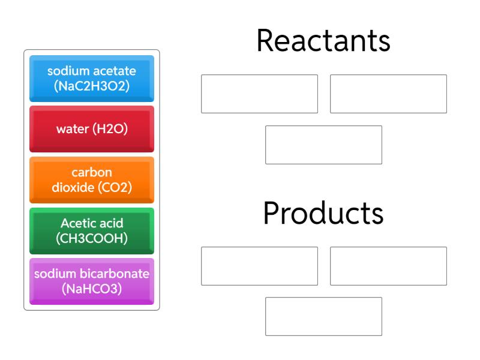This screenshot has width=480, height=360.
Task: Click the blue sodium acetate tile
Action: pos(92,78)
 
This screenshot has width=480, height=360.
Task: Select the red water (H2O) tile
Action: pos(92,129)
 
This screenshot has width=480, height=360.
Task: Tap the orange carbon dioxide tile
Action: pos(92,179)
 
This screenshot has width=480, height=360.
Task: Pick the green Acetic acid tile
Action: pos(92,230)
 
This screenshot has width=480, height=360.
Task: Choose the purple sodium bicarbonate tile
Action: pos(92,281)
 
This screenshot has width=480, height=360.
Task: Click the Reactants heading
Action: pos(323,42)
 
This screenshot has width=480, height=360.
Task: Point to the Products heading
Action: pos(323,213)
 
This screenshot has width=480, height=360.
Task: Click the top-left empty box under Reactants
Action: pos(259,94)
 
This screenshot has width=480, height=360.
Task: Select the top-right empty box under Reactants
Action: pos(388,94)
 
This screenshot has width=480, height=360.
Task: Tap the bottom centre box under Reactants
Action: pos(323,145)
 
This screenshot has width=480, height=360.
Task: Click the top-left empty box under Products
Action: pos(259,266)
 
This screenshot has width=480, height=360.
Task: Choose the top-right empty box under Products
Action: pos(388,266)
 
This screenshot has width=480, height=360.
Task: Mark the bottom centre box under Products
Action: pos(323,316)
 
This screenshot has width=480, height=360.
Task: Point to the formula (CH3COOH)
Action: pos(92,238)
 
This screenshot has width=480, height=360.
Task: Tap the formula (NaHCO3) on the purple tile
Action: pos(92,289)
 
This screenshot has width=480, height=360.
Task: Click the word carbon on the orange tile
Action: pos(92,173)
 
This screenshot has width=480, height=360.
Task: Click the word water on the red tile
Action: pos(73,129)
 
